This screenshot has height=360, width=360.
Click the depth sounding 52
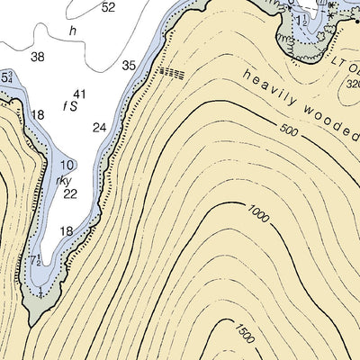[x=109, y=7]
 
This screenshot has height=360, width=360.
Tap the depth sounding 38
[x=38, y=57]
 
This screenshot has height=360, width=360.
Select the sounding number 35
[x=129, y=66]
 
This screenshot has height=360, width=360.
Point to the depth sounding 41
[x=80, y=94]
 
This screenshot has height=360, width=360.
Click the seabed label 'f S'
[x=69, y=105]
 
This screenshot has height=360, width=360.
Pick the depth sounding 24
[x=99, y=127]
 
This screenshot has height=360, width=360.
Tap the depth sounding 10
[x=68, y=166]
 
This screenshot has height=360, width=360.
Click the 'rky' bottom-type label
[x=63, y=179]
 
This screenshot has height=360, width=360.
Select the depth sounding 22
[x=71, y=193]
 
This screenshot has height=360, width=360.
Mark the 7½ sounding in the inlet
[x=36, y=261]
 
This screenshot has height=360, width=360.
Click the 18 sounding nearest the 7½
[x=67, y=231]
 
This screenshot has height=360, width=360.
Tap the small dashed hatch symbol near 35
[x=171, y=71]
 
